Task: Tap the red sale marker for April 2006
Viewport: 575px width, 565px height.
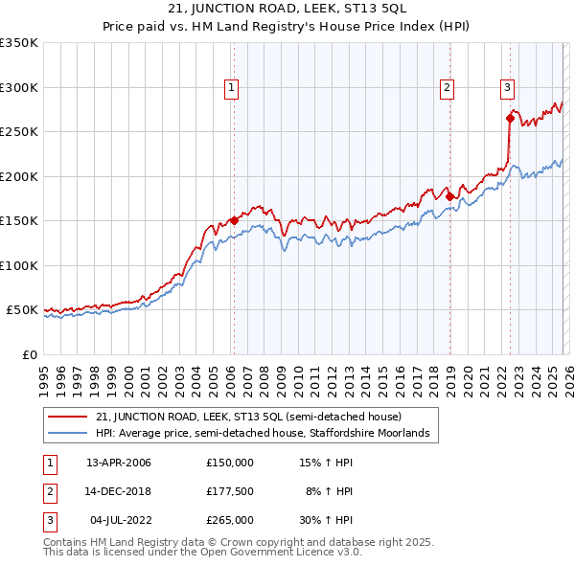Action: (234, 220)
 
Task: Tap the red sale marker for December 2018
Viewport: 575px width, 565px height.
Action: (450, 196)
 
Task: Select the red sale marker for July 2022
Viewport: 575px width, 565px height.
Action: (510, 119)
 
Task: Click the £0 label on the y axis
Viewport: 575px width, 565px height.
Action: (29, 354)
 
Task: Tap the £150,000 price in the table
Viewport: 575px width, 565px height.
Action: (230, 463)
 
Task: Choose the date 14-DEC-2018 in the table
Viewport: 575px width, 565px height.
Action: (119, 491)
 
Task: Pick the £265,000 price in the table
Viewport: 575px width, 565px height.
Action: (230, 520)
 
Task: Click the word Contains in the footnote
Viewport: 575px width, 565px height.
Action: (66, 542)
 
